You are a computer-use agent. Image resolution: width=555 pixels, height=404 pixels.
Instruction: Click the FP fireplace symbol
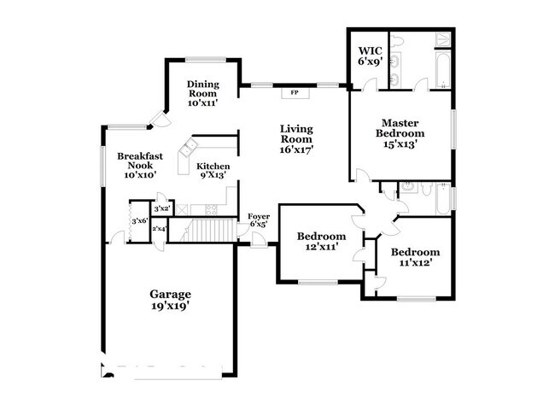pos(295,93)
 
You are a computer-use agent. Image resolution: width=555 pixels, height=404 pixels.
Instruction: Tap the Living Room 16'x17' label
pos(296,139)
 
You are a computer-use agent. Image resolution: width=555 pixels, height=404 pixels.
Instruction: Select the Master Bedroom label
pos(400,133)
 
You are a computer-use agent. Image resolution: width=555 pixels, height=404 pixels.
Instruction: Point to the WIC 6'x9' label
pos(371,56)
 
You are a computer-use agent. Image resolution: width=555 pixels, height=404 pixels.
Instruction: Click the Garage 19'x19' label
pos(170,300)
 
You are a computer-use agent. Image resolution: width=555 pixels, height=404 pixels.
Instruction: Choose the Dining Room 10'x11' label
pos(203,94)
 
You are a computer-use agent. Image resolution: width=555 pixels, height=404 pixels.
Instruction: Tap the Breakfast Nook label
pos(140,166)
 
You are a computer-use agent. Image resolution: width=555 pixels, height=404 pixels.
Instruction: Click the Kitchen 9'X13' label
pos(213,171)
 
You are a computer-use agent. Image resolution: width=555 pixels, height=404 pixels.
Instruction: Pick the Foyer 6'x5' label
pos(259,220)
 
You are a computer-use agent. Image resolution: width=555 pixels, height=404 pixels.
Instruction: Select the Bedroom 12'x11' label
pos(321,241)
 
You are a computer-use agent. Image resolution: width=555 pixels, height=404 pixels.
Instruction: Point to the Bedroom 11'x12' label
pos(415,257)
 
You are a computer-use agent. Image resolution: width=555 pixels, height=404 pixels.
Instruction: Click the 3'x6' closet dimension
pos(139,221)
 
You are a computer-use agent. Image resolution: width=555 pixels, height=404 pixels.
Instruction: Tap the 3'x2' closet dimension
pos(162,208)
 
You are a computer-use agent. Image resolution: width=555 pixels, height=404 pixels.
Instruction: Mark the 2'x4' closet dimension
pos(159,229)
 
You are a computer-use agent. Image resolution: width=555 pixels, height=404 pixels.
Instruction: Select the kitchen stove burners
pos(212,209)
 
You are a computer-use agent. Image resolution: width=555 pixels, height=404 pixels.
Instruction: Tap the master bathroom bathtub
pos(443,70)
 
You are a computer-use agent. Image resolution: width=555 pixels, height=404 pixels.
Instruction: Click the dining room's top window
pos(206,60)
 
